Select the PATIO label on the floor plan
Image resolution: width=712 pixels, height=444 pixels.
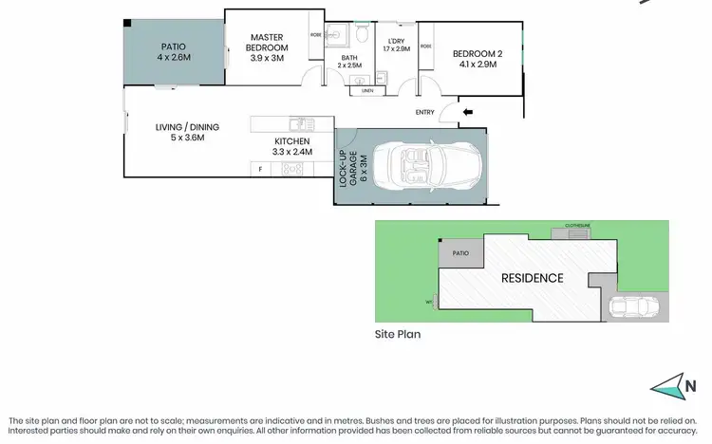[x=173, y=46]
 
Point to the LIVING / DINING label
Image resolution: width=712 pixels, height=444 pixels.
[x=180, y=132]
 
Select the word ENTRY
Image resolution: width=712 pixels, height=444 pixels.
[x=425, y=113]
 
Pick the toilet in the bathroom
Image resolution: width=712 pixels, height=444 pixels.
[x=362, y=37]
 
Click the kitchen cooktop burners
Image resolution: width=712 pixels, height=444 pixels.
[x=292, y=170]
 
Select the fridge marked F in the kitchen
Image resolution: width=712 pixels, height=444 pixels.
[x=260, y=170]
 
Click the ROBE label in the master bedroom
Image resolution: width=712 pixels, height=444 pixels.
[x=316, y=35]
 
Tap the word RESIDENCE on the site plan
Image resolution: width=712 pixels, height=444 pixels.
[x=532, y=278]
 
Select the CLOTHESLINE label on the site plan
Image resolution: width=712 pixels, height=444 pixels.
[x=577, y=226]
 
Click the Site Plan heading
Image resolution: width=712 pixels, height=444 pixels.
[x=397, y=334]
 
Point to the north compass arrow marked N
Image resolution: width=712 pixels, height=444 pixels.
[x=676, y=386]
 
